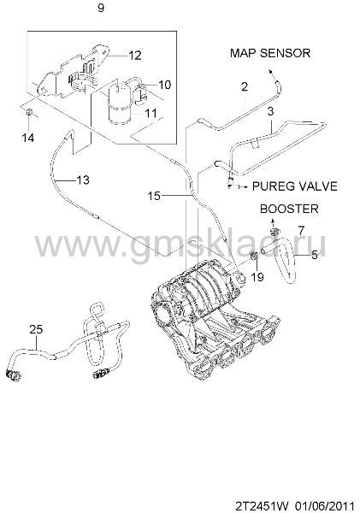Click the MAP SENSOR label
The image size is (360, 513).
pyautogui.click(x=270, y=53)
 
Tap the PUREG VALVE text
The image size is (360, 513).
pyautogui.click(x=294, y=186)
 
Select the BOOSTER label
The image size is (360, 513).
pyautogui.click(x=289, y=209)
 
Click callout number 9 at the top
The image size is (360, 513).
pyautogui.click(x=101, y=8)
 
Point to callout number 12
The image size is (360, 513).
pyautogui.click(x=134, y=56)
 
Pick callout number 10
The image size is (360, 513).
pyautogui.click(x=165, y=85)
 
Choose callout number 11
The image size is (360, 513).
pyautogui.click(x=150, y=113)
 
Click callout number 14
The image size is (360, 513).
pyautogui.click(x=28, y=138)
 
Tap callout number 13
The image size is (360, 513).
pyautogui.click(x=82, y=180)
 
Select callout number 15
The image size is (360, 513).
pyautogui.click(x=154, y=196)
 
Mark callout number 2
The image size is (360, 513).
pyautogui.click(x=245, y=87)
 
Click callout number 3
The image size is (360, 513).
pyautogui.click(x=270, y=111)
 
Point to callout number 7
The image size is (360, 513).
pyautogui.click(x=301, y=230)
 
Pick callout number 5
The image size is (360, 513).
pyautogui.click(x=314, y=255)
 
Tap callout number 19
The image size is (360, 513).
pyautogui.click(x=257, y=277)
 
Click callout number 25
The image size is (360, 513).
pyautogui.click(x=36, y=329)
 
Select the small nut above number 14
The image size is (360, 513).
pyautogui.click(x=29, y=113)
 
